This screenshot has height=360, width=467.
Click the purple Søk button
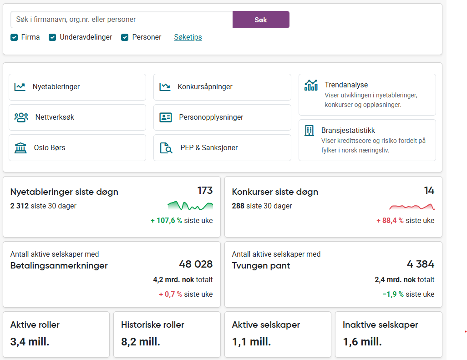click(261, 20)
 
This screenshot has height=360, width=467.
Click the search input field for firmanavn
click(122, 20)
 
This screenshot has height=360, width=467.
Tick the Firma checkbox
click(14, 37)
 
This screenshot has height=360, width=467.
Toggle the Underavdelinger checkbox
click(53, 37)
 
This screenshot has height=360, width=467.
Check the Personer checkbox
click(125, 37)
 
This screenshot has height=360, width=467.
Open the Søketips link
click(188, 37)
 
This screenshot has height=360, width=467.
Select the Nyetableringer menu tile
click(77, 87)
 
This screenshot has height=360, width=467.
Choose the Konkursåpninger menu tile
click(222, 87)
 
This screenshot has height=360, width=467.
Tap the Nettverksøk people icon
click(21, 117)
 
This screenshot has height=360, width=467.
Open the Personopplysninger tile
click(222, 117)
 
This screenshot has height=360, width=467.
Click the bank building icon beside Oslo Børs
click(20, 148)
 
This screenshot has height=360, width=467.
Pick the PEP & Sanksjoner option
click(222, 148)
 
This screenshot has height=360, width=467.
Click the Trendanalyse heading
click(346, 85)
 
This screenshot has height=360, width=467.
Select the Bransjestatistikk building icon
click(309, 131)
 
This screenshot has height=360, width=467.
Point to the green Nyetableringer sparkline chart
click(190, 206)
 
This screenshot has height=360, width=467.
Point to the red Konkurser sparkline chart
click(411, 207)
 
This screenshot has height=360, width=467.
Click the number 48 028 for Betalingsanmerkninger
click(196, 264)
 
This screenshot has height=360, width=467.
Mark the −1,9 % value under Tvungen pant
click(393, 294)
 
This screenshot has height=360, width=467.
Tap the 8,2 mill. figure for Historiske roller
click(141, 342)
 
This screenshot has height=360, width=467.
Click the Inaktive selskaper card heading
click(380, 325)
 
